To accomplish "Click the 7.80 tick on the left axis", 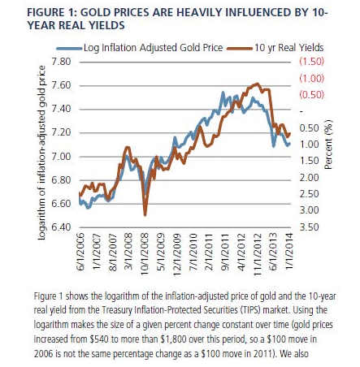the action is [x=61, y=62].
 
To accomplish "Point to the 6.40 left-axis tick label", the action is [x=61, y=227].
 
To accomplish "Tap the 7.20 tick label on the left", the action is [x=61, y=132].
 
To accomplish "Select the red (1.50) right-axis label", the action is [x=311, y=62].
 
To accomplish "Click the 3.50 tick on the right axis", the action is [x=310, y=227].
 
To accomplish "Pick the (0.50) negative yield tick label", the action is [x=311, y=95].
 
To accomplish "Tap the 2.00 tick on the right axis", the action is [x=310, y=178].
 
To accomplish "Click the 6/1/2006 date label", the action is [x=80, y=252].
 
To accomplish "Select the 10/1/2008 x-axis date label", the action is [x=145, y=254].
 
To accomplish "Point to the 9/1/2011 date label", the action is [x=225, y=252].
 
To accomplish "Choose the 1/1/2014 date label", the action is [x=289, y=252].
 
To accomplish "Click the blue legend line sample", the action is [x=69, y=49].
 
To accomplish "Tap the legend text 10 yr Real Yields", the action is [x=288, y=48].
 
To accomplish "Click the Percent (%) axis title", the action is [x=328, y=145].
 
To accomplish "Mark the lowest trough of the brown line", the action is [x=145, y=215].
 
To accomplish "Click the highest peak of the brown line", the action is [x=257, y=84].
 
